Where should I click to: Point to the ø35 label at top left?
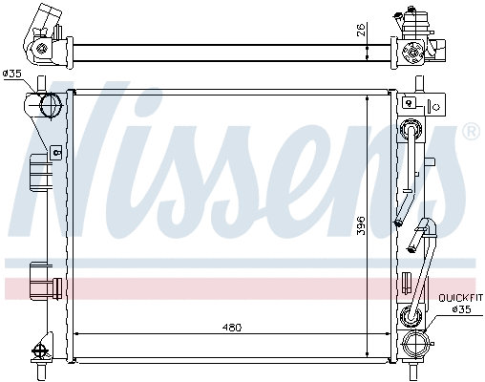(13, 73)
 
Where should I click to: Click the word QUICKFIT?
(460, 298)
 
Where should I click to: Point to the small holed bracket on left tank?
(55, 151)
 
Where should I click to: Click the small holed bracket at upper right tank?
(409, 102)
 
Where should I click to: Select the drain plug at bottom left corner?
(42, 350)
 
